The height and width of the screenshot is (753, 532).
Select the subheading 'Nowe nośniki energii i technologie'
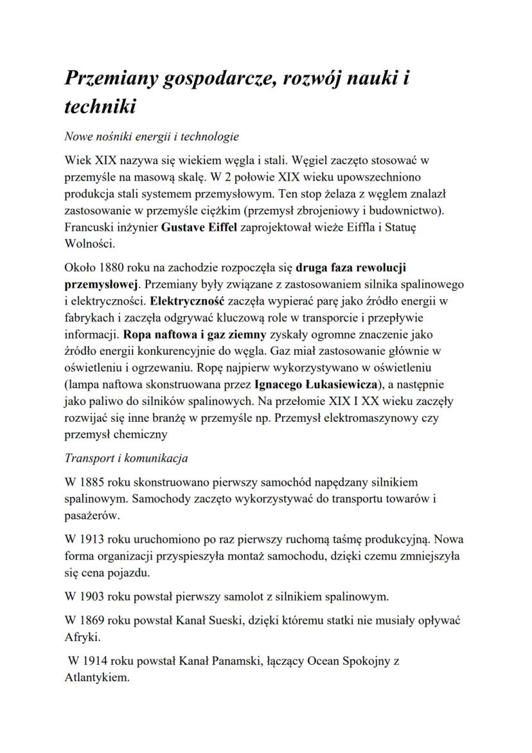(152, 136)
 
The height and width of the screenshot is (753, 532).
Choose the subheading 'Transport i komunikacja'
(126, 458)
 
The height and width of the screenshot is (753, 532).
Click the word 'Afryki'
(82, 637)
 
